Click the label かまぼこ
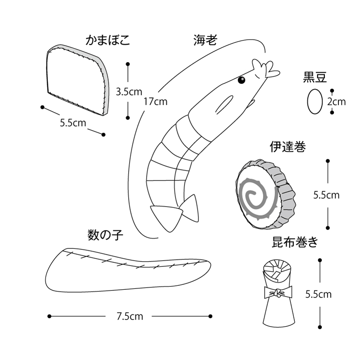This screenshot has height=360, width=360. click(108, 40)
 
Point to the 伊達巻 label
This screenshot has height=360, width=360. click(288, 147)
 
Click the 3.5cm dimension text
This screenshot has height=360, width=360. click(129, 92)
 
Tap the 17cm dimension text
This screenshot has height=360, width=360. click(155, 101)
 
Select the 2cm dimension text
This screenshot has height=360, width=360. click(337, 102)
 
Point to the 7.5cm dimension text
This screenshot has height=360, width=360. click(130, 316)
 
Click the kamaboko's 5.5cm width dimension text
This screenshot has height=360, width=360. click(73, 122)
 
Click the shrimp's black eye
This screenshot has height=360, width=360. click(241, 81)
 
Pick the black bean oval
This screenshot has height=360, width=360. click(314, 101)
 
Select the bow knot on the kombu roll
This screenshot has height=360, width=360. click(277, 293)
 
